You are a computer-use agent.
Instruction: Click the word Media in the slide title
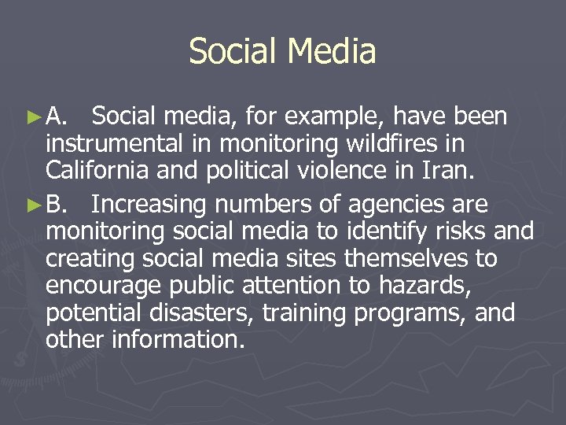[x=332, y=52]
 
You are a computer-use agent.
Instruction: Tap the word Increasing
[x=149, y=205]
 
